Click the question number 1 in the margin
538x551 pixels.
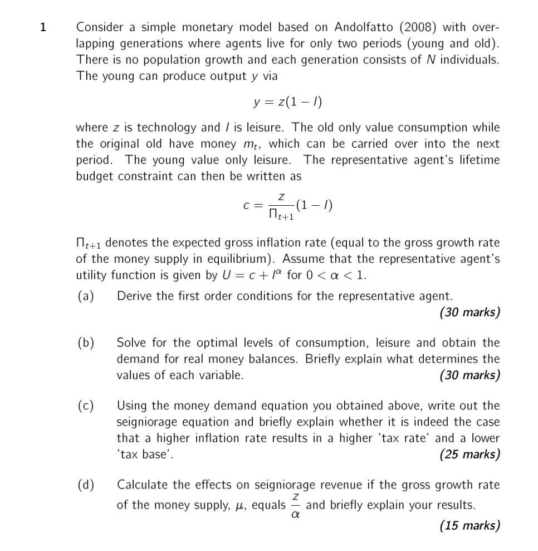43,27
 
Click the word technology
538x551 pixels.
165,128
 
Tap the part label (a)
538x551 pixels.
85,296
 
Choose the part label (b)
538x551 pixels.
85,342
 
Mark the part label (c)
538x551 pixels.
85,405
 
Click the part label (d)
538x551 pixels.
85,485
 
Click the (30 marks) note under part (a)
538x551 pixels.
469,312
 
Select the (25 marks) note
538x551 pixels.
469,455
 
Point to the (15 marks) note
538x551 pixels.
469,525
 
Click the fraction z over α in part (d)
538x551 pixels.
296,506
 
